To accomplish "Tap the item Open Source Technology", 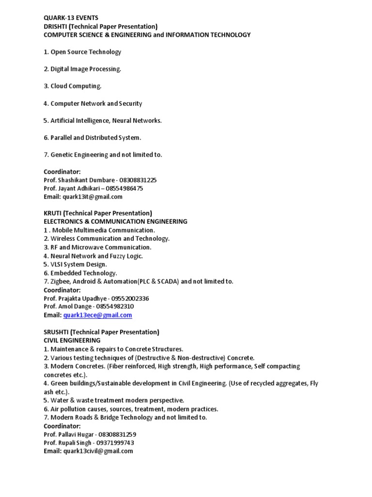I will [82, 51].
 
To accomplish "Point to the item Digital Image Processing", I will [82, 69].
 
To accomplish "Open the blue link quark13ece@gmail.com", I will [97, 315].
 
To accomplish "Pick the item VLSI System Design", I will [75, 264].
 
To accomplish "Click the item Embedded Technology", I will [80, 273].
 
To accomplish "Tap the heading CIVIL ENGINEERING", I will [72, 341].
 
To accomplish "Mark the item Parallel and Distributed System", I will [93, 137].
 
